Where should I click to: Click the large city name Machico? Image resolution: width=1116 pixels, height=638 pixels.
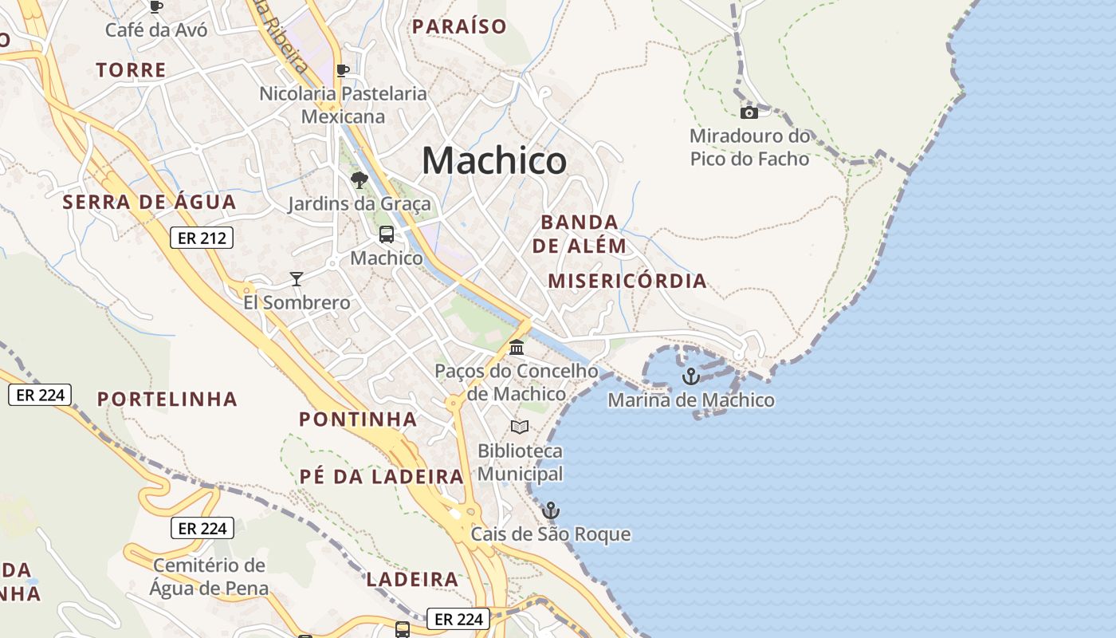[x=494, y=161]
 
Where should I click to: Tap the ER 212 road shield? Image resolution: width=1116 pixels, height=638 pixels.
[x=201, y=238]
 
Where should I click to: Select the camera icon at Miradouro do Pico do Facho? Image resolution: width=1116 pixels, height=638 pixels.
[x=749, y=112]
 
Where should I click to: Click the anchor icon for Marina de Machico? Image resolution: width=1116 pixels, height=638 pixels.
[x=691, y=376]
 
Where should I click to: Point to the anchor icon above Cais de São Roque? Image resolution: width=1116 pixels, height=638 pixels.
[x=550, y=510]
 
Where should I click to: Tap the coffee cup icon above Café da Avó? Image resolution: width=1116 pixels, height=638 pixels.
[x=156, y=6]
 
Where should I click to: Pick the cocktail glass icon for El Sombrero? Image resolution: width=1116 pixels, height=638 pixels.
[x=297, y=278]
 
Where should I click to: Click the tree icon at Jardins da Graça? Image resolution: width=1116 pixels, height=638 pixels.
[x=359, y=179]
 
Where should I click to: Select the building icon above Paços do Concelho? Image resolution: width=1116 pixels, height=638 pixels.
[x=517, y=348]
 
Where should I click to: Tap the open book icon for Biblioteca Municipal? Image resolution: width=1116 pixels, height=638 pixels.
[x=520, y=427]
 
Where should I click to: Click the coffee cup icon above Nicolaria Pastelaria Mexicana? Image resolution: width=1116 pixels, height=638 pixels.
[x=343, y=70]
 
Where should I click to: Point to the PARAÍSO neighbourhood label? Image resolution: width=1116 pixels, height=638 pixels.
[x=459, y=26]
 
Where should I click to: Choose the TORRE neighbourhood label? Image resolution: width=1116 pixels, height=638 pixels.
[x=132, y=70]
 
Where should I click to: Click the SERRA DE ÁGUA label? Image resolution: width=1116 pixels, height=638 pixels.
[x=150, y=202]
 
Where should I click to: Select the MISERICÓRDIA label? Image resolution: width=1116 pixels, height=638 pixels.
[x=627, y=281]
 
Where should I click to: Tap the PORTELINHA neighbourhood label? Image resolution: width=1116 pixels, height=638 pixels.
[x=167, y=399]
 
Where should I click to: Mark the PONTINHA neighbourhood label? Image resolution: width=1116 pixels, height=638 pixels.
[x=358, y=419]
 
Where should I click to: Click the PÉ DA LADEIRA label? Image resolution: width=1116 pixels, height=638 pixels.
[x=381, y=476]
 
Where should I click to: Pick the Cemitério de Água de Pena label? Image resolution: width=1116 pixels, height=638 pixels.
[x=209, y=577]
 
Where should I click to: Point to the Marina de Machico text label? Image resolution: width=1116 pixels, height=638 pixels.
[x=691, y=400]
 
